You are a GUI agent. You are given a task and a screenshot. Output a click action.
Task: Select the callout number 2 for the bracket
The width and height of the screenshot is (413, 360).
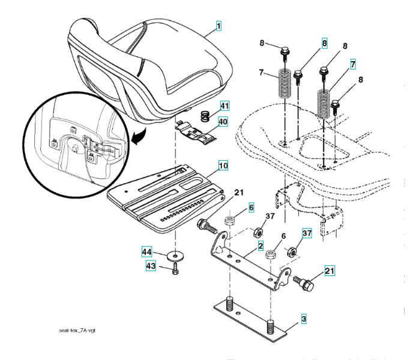pos(261,246)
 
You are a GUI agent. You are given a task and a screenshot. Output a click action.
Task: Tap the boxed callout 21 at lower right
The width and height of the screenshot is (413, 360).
pos(329,271)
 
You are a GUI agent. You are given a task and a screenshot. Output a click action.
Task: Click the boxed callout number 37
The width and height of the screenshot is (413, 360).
pos(307,233)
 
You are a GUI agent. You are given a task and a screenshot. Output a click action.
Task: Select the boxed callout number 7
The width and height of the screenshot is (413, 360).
pos(354,63)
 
